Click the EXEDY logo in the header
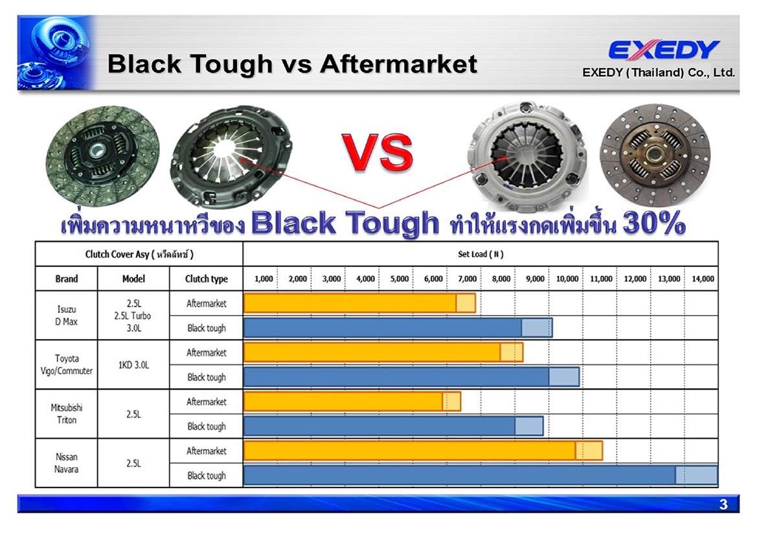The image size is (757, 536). point(664,50)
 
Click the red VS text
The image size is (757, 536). point(378,153)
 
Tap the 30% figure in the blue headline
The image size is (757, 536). point(654,223)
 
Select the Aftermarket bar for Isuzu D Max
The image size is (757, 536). point(359,303)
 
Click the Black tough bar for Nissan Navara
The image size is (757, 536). point(481,475)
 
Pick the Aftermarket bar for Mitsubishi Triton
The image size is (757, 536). point(352,402)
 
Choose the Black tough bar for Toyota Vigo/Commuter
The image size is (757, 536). point(412,377)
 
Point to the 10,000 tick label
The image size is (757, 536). point(567,279)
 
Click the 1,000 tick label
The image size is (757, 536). point(264,279)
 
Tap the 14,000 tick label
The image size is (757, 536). point(703,279)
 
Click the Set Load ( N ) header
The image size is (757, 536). point(481,254)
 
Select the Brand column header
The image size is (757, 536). point(67,279)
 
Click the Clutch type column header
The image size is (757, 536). point(206,279)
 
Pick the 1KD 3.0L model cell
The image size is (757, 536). point(134,365)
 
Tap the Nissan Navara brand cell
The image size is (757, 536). point(66,463)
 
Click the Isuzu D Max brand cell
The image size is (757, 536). point(67,315)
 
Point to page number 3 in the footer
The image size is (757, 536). point(723,505)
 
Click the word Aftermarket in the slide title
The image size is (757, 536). point(399,64)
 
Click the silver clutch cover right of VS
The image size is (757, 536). point(527,156)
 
